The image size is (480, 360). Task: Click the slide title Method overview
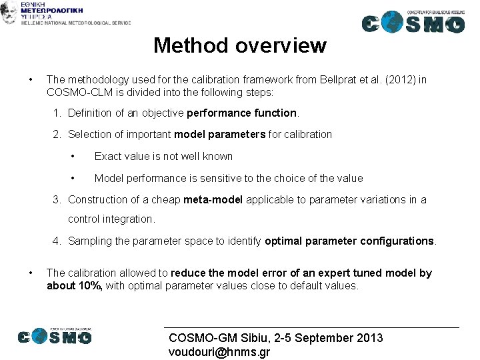click(x=239, y=45)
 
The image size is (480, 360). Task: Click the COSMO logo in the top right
click(x=413, y=23)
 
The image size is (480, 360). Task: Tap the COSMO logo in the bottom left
click(x=55, y=336)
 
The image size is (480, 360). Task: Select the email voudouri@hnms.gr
click(x=219, y=352)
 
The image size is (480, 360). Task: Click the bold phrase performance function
click(x=241, y=113)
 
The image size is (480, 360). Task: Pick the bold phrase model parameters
click(x=219, y=134)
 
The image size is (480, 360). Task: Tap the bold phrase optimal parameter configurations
click(x=349, y=241)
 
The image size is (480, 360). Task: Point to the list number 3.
click(x=57, y=199)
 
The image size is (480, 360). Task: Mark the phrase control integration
click(x=111, y=219)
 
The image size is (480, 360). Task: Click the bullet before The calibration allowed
click(x=31, y=273)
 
